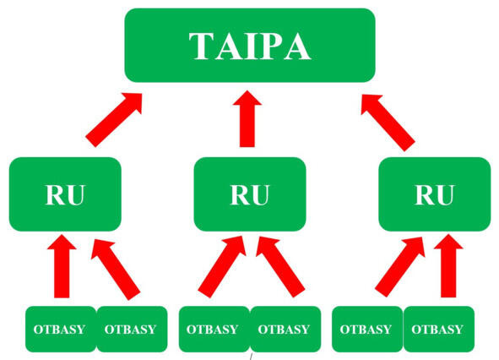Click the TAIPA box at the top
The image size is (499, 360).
tap(250, 46)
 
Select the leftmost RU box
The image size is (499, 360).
tap(65, 194)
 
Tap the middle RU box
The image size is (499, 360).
tap(250, 194)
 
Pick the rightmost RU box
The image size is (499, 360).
tap(435, 194)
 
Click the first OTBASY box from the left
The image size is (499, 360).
tap(61, 329)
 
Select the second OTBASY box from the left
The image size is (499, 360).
tap(132, 329)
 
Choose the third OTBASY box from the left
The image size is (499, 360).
tap(214, 329)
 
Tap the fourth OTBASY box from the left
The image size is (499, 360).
tap(285, 329)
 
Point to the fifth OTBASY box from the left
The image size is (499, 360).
tap(367, 329)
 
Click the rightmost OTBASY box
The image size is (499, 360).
tap(439, 329)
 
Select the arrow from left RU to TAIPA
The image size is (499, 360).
tap(114, 120)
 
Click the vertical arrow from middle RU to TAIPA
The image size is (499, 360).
tap(247, 118)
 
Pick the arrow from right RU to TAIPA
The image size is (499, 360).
tap(388, 123)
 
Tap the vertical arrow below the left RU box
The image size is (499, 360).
tap(62, 266)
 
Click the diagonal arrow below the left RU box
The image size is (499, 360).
tap(116, 270)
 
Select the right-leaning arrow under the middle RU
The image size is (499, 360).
tap(222, 267)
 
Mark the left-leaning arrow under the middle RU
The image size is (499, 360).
tap(280, 267)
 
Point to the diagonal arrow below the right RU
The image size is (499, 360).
tap(400, 267)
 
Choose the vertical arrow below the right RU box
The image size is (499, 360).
tap(448, 265)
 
